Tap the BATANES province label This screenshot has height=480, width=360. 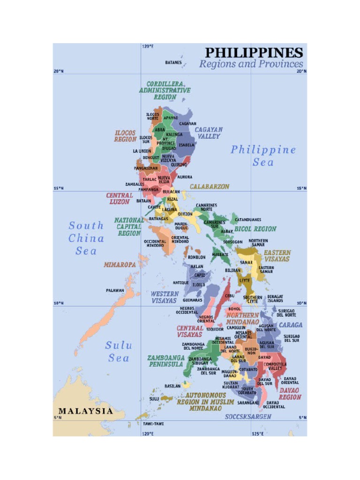click(173, 62)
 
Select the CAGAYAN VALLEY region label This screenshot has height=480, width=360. click(209, 133)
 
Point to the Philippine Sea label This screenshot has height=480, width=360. click(263, 156)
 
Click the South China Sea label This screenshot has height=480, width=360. click(86, 238)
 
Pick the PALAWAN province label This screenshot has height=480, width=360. click(115, 291)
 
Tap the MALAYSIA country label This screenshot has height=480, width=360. click(85, 411)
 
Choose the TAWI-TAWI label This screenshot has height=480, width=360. click(153, 424)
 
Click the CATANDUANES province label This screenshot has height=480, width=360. click(248, 219)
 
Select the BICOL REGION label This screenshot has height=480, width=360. click(255, 229)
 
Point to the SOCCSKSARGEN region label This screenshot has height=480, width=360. click(248, 416)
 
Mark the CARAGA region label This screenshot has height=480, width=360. click(291, 324)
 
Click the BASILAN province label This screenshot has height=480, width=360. click(172, 386)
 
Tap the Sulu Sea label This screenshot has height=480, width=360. click(119, 352)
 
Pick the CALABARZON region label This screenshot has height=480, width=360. click(210, 187)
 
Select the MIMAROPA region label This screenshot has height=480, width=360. click(120, 265)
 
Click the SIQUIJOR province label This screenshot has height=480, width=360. click(215, 329)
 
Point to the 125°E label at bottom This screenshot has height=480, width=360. click(257, 434)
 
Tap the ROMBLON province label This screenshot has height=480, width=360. click(196, 257)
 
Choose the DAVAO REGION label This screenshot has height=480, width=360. click(290, 393)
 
